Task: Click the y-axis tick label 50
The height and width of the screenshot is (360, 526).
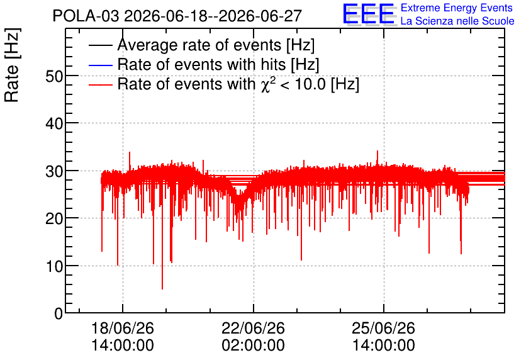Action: [x=54, y=77]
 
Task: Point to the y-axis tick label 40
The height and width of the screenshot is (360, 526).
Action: [x=54, y=124]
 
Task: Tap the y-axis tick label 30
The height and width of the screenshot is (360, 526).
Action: [x=54, y=171]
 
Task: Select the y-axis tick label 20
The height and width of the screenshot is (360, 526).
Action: [x=54, y=219]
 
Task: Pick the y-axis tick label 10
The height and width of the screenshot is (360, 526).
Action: [x=54, y=267]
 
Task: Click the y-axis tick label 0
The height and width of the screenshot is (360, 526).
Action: [x=59, y=313]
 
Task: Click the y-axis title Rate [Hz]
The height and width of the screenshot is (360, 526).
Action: [x=12, y=65]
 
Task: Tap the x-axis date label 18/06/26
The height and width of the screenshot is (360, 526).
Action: [x=123, y=328]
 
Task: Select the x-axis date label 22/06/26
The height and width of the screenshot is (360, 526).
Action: [x=254, y=328]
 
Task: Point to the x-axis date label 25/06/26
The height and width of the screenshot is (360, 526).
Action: [x=383, y=328]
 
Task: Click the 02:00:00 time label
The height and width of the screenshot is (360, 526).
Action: [x=254, y=346]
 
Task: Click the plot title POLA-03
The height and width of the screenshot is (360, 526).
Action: [x=86, y=16]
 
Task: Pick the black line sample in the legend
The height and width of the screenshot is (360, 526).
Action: [x=100, y=45]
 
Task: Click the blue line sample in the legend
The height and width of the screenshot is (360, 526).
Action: [x=100, y=65]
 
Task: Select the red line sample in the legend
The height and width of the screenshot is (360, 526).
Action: [x=100, y=84]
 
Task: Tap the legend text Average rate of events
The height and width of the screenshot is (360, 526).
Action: [x=199, y=45]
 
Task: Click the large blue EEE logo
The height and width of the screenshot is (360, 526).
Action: [x=369, y=14]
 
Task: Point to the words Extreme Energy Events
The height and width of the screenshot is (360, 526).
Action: [x=457, y=8]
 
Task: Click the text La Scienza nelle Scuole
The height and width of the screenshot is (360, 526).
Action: [x=457, y=21]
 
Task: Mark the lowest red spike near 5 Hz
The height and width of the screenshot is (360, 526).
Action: [x=162, y=288]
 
